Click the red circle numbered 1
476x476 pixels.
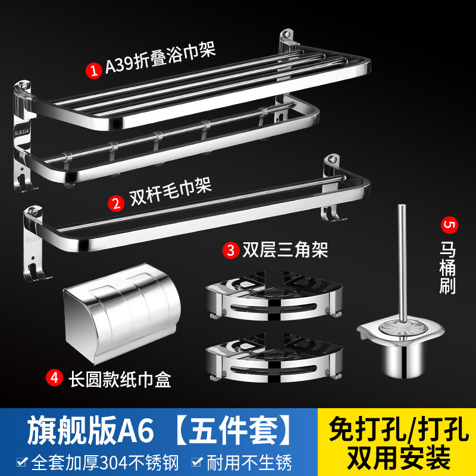[93, 70]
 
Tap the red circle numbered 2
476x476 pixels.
[116, 201]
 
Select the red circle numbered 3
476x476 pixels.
[230, 250]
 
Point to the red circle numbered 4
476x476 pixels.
[55, 377]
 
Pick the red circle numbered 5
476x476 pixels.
[447, 226]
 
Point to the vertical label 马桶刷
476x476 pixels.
[447, 268]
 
